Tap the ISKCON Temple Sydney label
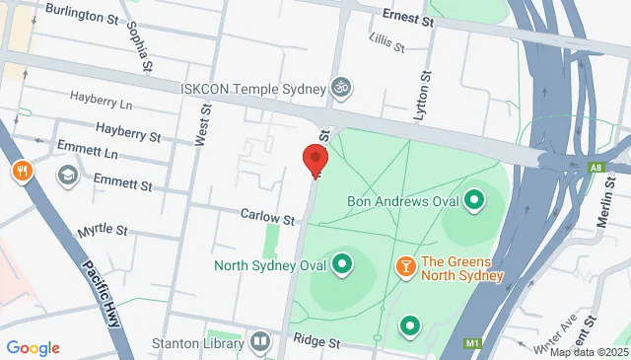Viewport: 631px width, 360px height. click(x=252, y=86)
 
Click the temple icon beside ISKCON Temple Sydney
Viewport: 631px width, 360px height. click(x=340, y=86)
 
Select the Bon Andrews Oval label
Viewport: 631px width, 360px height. click(x=403, y=201)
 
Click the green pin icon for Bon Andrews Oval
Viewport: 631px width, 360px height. click(x=474, y=201)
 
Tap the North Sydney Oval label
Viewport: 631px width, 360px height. click(x=270, y=264)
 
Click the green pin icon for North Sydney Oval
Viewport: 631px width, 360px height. click(x=342, y=264)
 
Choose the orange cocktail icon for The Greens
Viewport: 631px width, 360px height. click(x=404, y=266)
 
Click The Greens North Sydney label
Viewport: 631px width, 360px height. click(x=461, y=268)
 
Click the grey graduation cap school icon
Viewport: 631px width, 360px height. click(x=68, y=176)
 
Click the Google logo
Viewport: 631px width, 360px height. click(x=34, y=348)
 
